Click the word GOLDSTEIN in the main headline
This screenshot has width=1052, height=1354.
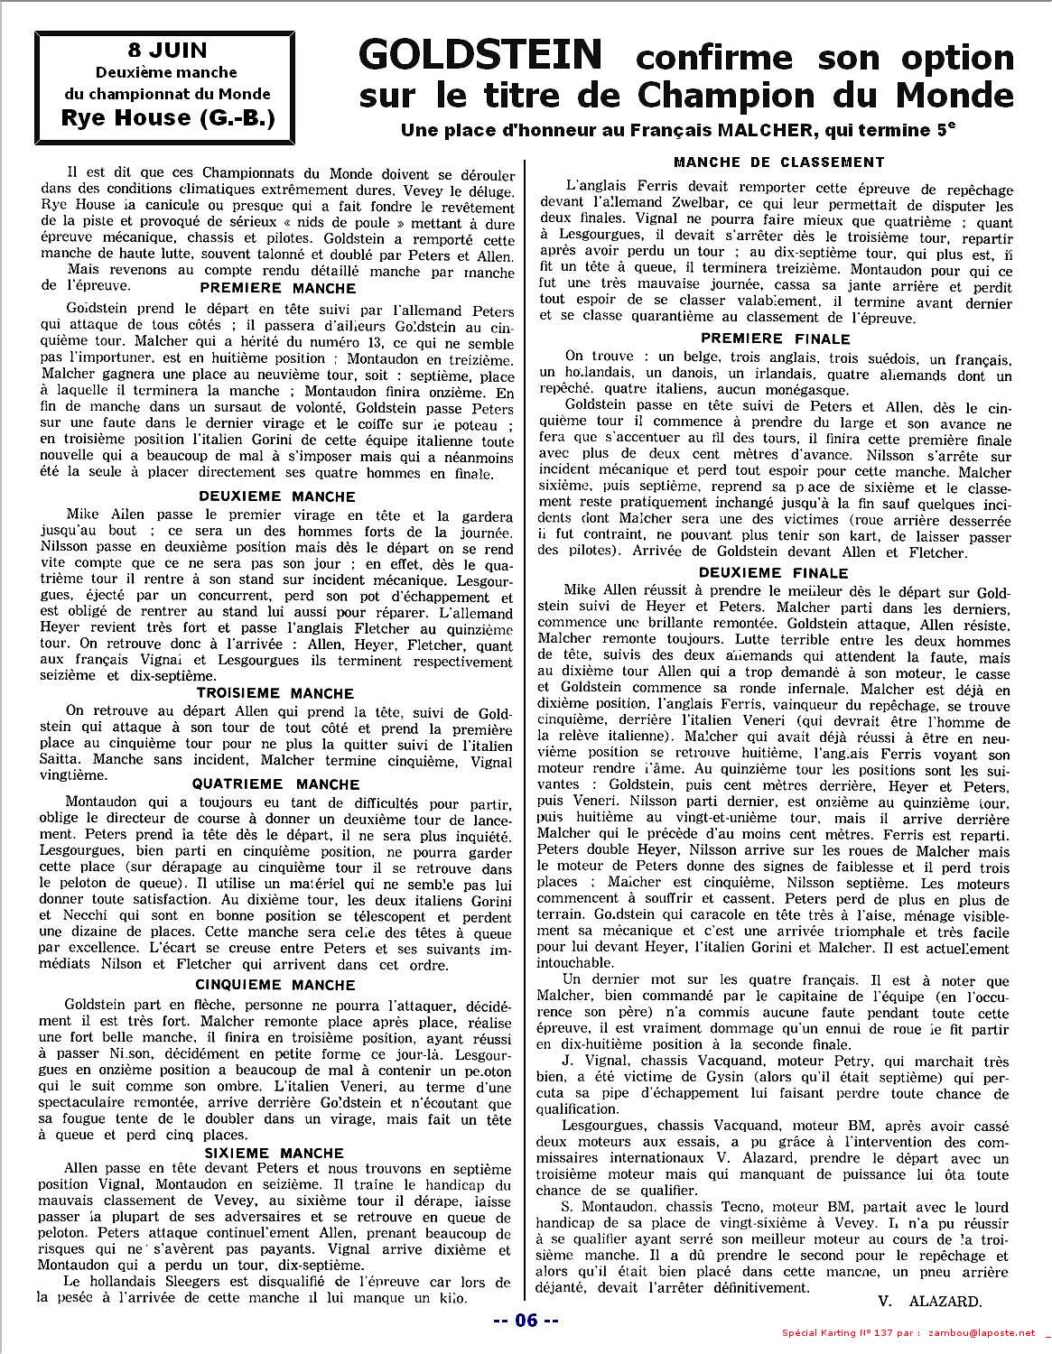tap(479, 56)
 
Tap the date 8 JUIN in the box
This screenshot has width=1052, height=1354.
tap(167, 51)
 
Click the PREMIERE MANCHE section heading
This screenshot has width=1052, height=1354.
tap(277, 289)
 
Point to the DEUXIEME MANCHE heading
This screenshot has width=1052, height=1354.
tap(277, 496)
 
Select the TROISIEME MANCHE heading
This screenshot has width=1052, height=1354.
tap(275, 693)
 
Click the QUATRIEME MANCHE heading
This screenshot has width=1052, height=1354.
tap(277, 784)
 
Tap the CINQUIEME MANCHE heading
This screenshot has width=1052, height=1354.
tap(275, 984)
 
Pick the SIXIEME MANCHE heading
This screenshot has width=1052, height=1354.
tap(274, 1153)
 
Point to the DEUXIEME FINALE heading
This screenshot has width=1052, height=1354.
tap(774, 572)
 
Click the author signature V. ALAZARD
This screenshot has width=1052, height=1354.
tap(928, 1302)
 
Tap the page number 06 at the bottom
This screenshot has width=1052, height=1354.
tap(526, 1321)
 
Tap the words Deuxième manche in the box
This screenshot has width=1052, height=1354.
tap(168, 72)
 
